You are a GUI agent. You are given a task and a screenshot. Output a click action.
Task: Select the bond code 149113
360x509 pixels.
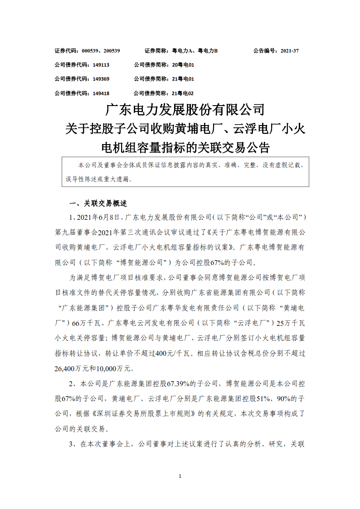pos(101,65)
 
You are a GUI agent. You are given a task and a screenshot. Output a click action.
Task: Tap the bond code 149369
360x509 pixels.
pos(101,79)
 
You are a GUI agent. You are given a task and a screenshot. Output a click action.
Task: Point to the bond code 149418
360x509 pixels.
pos(101,93)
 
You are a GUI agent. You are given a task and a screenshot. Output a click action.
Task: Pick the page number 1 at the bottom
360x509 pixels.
pos(180,476)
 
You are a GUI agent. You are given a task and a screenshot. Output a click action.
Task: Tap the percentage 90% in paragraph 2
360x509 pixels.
pos(281,399)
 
